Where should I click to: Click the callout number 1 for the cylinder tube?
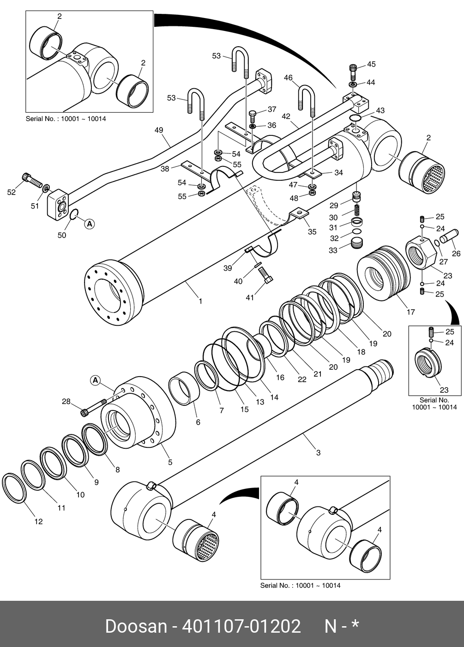200,301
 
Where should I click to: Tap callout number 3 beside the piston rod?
318,452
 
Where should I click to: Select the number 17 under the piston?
410,312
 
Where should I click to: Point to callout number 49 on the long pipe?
159,130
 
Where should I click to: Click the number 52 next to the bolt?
11,192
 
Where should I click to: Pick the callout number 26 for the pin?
456,253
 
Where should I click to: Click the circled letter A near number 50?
90,224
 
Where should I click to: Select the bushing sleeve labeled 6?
184,389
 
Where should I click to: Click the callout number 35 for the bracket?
312,232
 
